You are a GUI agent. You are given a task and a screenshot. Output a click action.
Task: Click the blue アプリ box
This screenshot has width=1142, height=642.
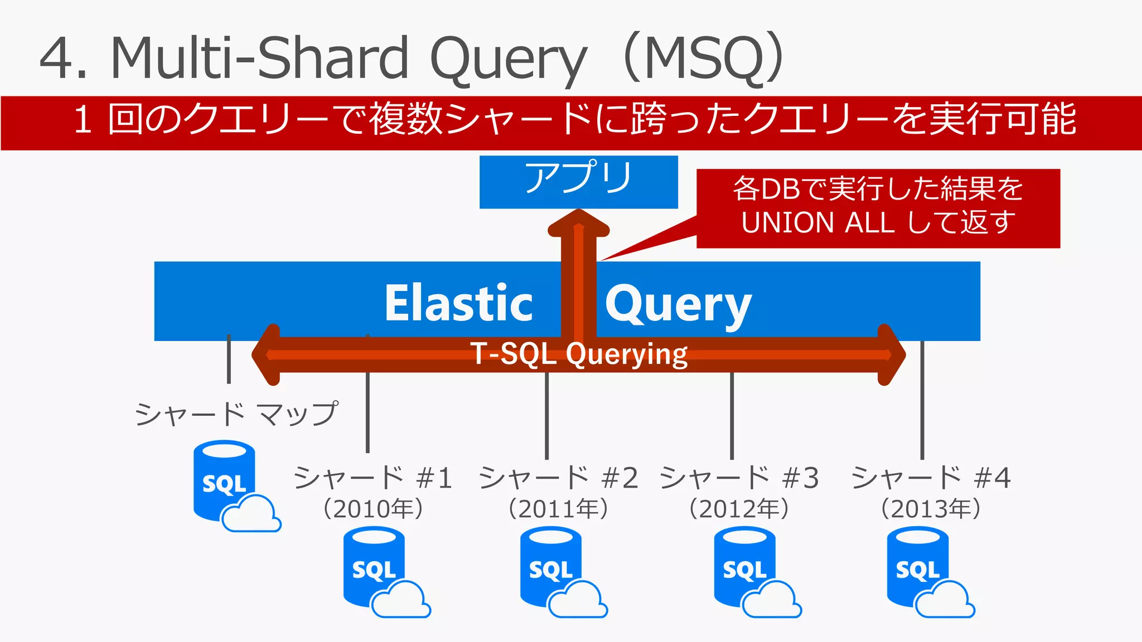click(578, 182)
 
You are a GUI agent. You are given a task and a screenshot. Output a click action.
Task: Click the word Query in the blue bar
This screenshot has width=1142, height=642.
click(678, 304)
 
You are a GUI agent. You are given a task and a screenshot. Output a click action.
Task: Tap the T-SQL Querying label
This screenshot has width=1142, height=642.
click(579, 354)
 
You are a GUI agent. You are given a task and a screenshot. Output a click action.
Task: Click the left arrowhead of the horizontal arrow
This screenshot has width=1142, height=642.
click(267, 354)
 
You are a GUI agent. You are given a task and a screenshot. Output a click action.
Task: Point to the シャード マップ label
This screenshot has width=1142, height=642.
click(236, 414)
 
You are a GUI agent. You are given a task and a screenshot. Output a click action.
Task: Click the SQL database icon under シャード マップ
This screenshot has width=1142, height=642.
click(225, 481)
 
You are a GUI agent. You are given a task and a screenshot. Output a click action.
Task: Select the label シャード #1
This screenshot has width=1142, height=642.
click(372, 478)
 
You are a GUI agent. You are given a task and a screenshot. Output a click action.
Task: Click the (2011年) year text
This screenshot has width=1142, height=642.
click(558, 509)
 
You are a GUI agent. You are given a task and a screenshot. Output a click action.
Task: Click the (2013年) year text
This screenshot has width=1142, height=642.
click(930, 509)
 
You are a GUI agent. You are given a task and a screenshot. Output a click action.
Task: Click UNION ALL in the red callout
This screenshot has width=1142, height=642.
click(817, 223)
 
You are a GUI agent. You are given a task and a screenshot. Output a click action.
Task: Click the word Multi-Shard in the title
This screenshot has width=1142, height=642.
click(260, 58)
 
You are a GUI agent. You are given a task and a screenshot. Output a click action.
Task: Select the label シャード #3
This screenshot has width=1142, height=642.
click(739, 478)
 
